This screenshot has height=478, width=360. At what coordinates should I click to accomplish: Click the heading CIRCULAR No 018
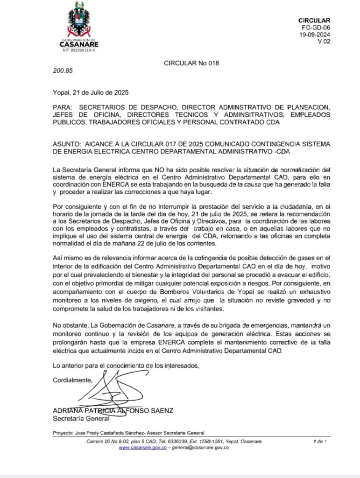coord(191,63)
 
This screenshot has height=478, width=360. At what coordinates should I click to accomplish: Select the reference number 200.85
coord(63,72)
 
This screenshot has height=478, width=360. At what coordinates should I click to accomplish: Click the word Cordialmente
coord(72,380)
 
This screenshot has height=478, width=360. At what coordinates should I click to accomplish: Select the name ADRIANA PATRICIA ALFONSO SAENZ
coord(113,411)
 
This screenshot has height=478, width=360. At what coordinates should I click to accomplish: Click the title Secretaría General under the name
coord(74,418)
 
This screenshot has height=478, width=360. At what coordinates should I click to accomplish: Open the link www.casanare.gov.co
coord(142,448)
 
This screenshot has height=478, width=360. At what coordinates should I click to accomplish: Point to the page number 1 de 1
coord(320,441)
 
